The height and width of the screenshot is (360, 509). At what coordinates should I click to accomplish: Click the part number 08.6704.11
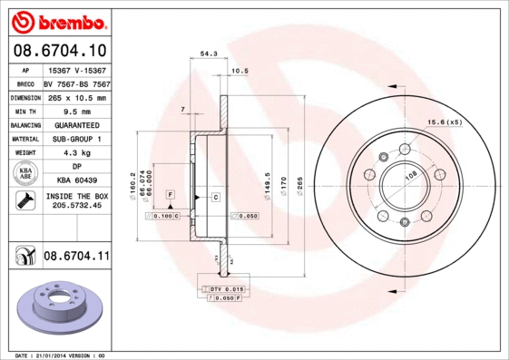76,257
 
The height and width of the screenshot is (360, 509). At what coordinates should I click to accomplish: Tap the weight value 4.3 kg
76,153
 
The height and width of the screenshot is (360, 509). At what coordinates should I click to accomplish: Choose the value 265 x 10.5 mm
76,97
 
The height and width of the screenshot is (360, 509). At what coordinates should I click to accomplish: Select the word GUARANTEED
76,125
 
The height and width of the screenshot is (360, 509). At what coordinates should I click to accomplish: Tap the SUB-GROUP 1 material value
76,139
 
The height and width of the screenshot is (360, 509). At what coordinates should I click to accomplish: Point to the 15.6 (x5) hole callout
445,122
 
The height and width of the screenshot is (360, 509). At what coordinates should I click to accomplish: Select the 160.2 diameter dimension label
133,183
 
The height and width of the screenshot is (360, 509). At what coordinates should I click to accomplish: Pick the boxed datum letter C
217,197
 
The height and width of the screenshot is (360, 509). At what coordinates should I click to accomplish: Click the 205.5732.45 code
76,206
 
